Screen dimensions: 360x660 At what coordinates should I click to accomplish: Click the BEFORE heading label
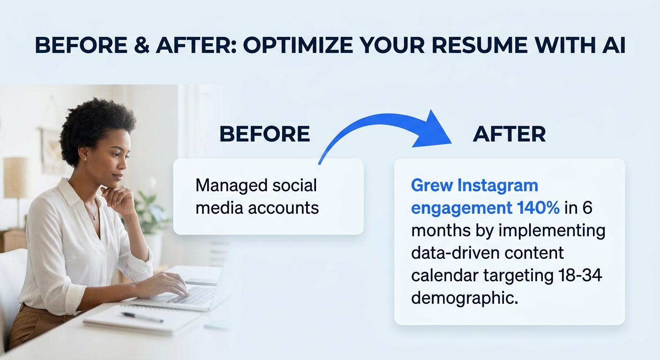click(264, 135)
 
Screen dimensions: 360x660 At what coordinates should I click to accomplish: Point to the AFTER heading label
click(509, 135)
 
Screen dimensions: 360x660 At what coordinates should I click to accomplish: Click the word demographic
click(464, 298)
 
